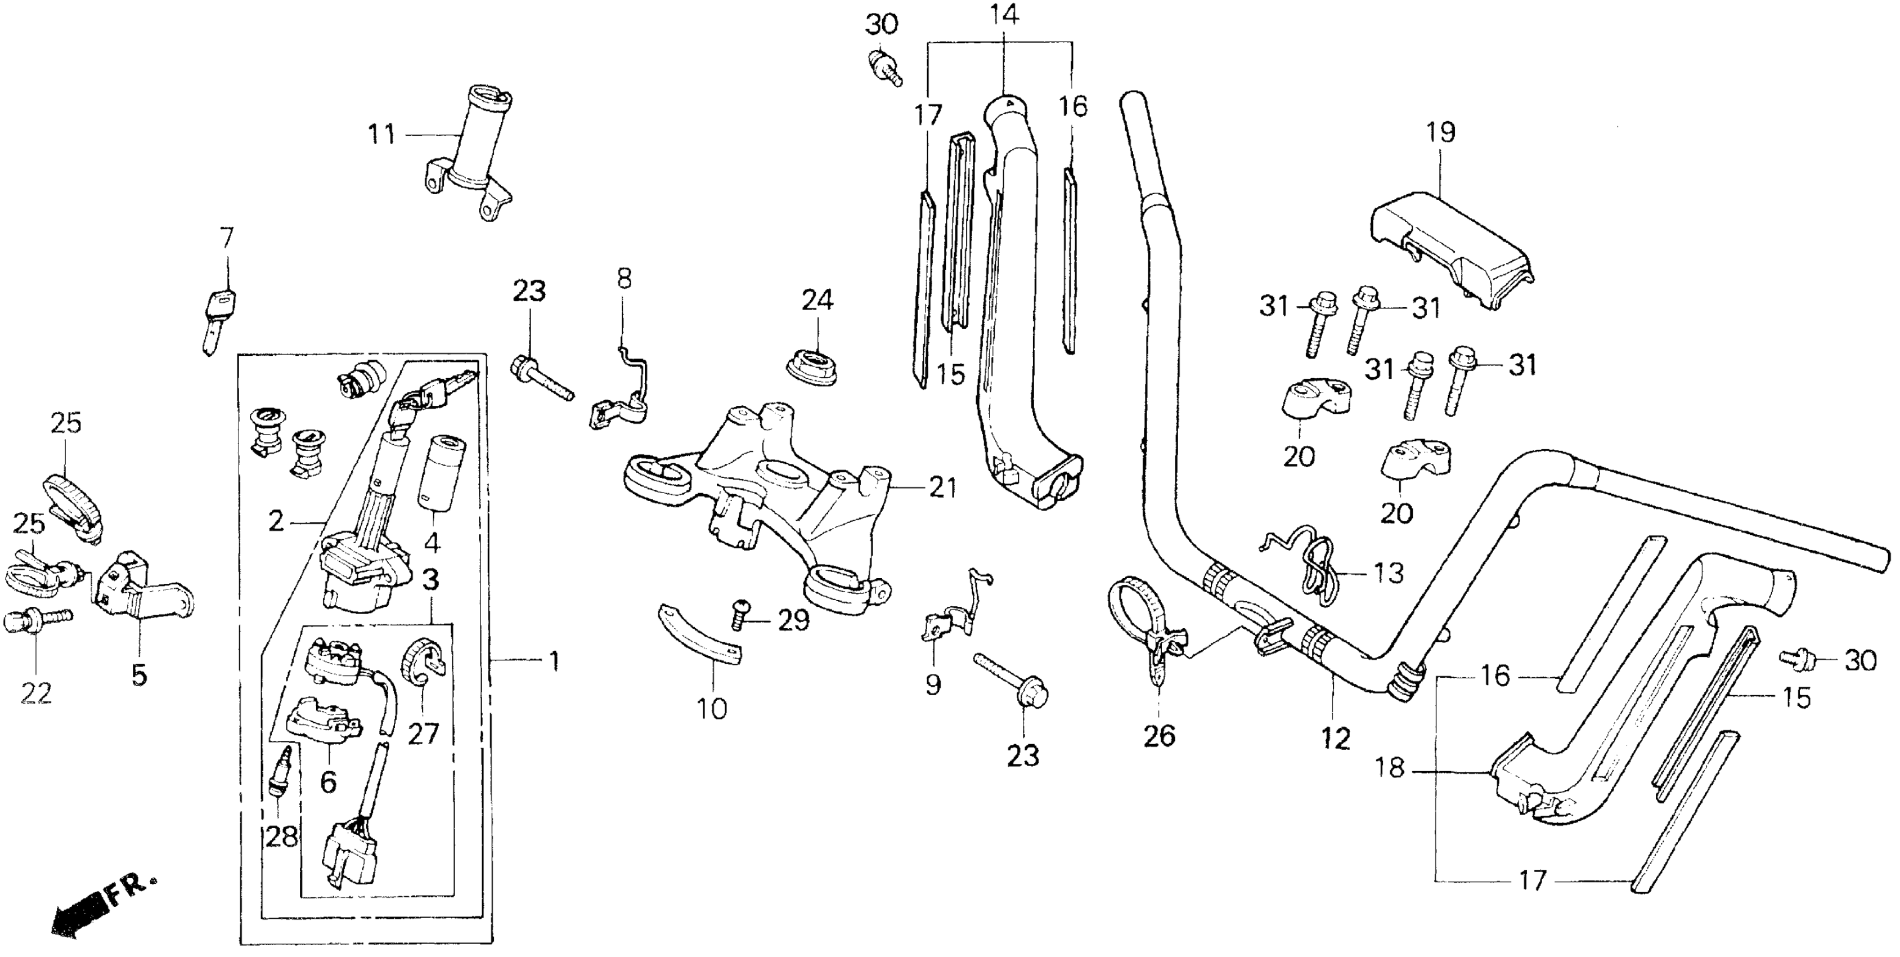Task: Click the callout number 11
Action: pyautogui.click(x=382, y=135)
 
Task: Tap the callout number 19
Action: pyautogui.click(x=1440, y=133)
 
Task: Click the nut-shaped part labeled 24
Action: pyautogui.click(x=812, y=366)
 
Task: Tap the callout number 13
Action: pyautogui.click(x=1388, y=573)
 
